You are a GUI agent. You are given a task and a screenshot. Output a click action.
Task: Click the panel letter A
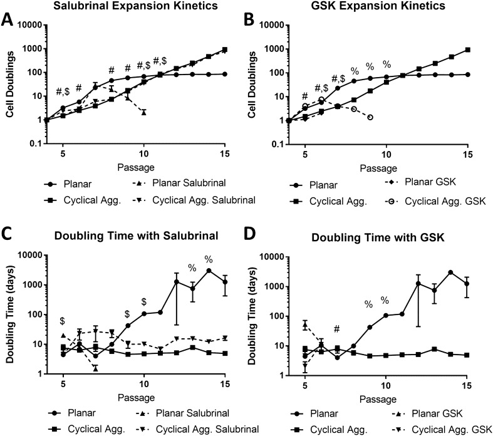9,18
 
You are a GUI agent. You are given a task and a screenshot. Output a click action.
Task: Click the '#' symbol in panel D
336,330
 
